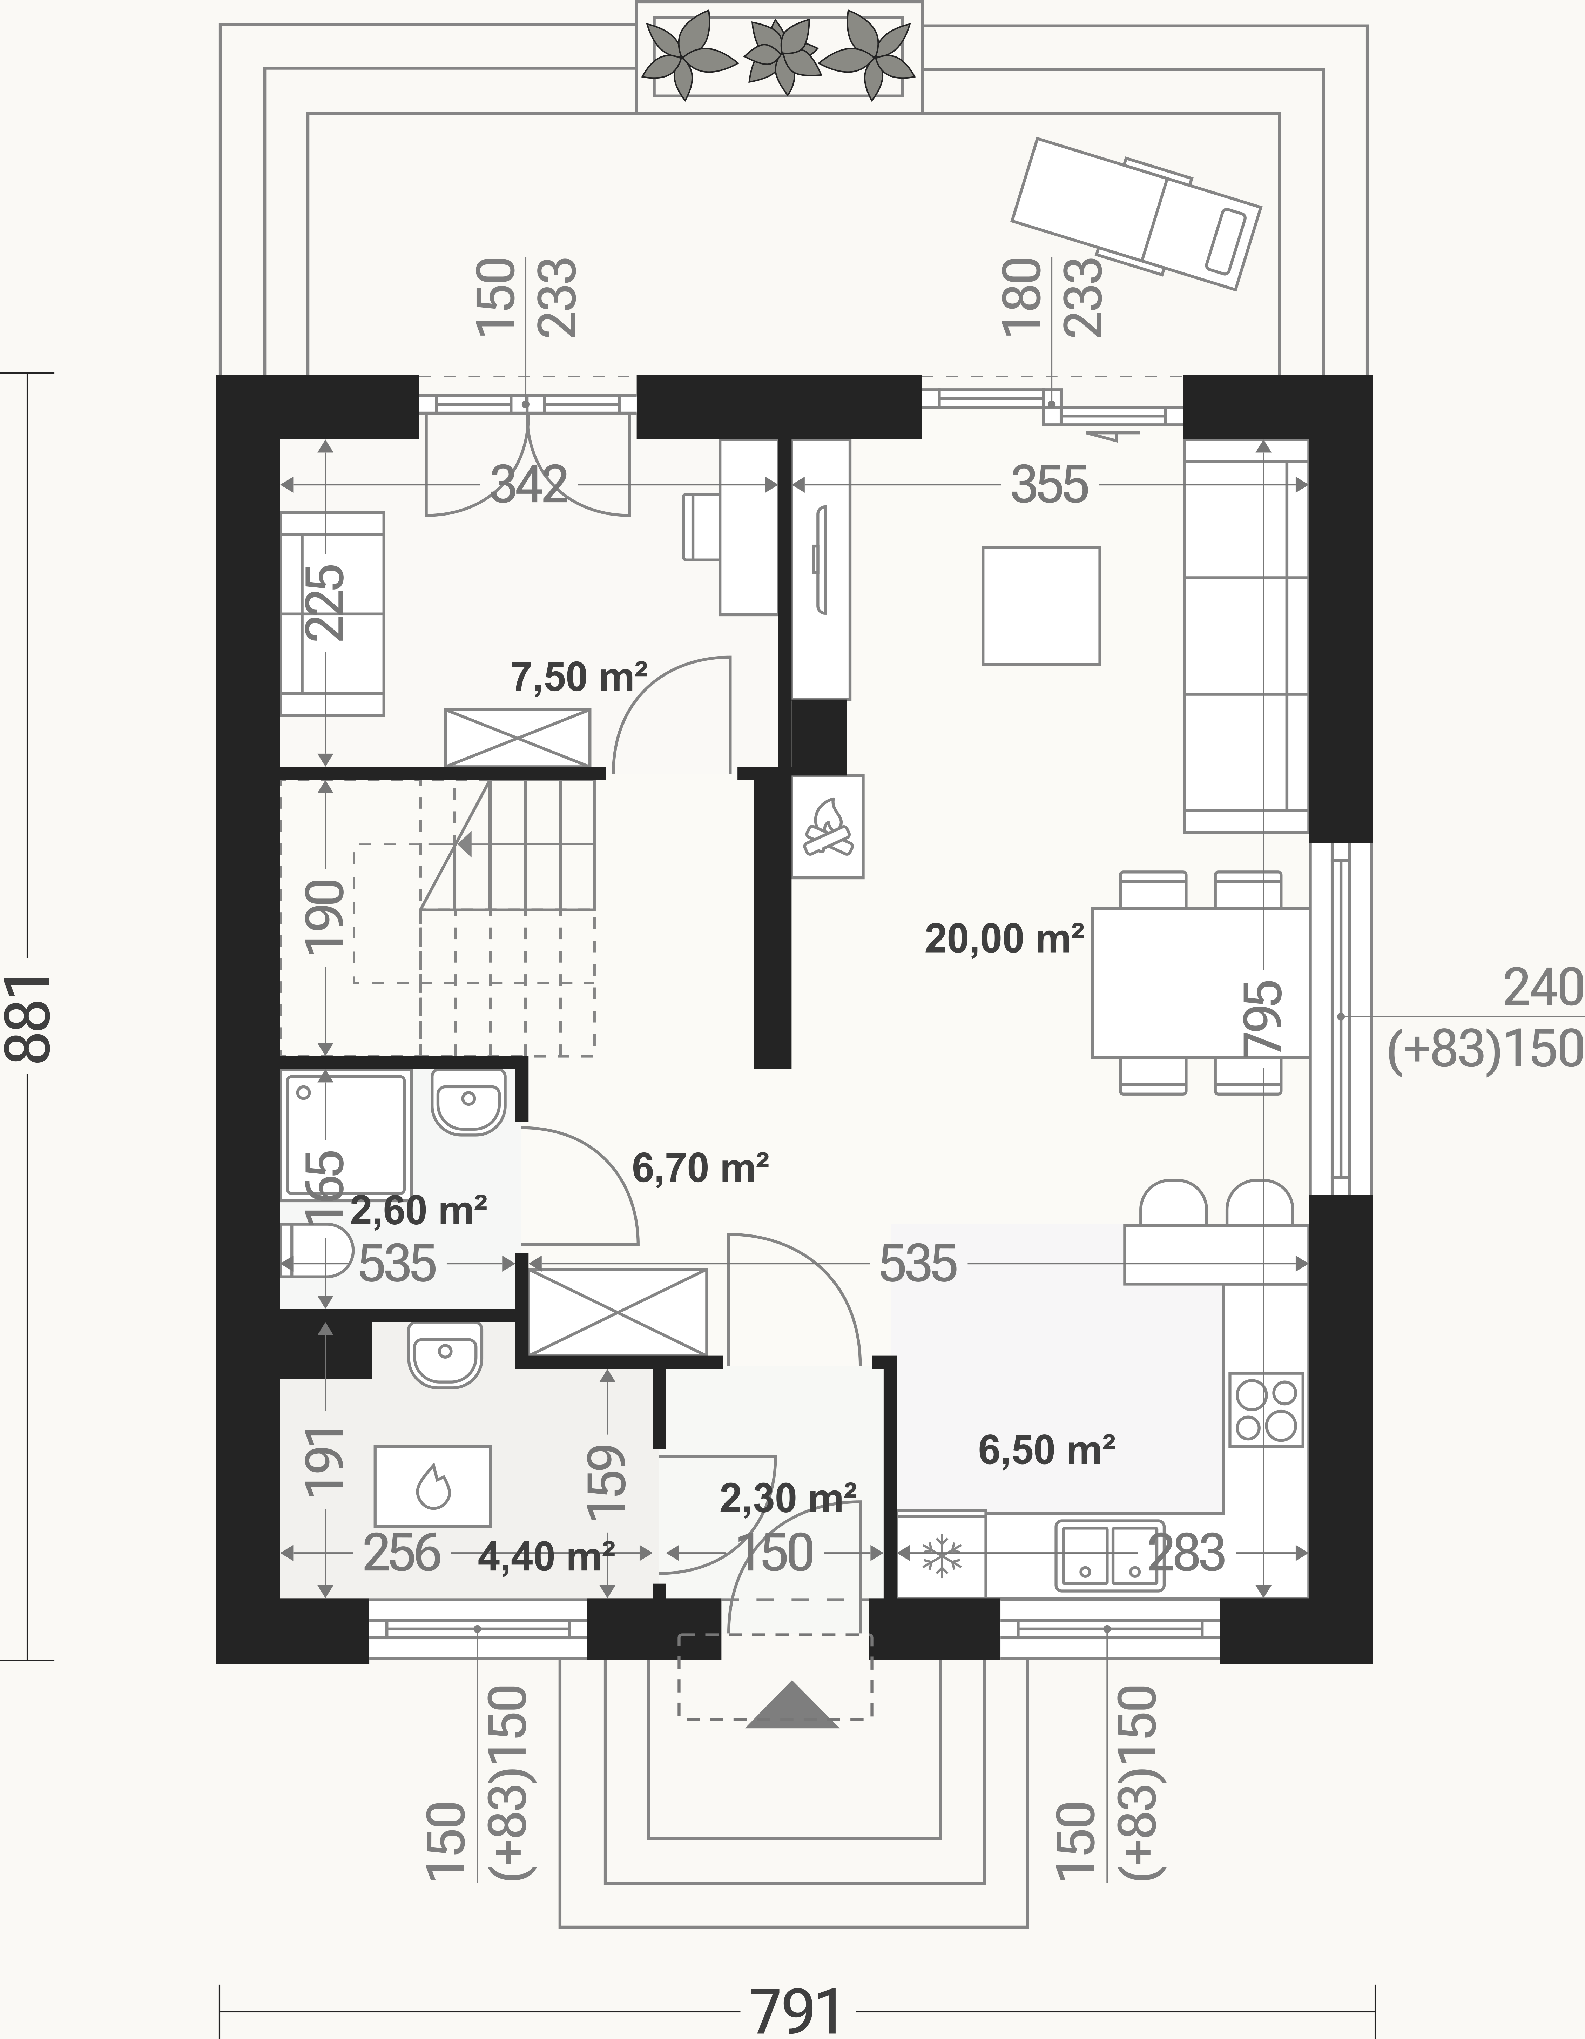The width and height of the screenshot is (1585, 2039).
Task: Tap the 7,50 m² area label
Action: (x=579, y=676)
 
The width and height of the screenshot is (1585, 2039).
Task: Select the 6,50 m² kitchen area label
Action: (x=1046, y=1450)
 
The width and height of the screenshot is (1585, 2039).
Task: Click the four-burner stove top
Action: (x=1266, y=1410)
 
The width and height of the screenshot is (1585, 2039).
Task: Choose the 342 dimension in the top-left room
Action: (x=529, y=485)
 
